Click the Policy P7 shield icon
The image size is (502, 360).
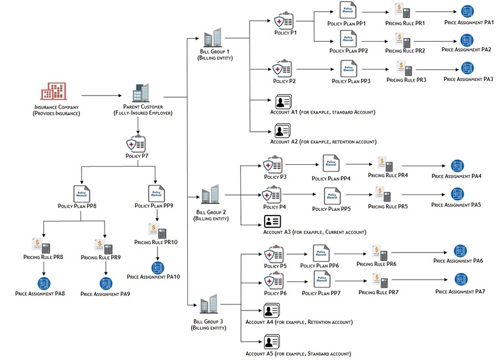pos(135,145)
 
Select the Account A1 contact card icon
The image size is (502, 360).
pos(283,101)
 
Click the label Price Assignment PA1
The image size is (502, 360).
pos(468,22)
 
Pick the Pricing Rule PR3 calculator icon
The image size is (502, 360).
pos(404,68)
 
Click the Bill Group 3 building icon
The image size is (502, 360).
pos(208,304)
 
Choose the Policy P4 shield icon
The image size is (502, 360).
pos(271,195)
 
